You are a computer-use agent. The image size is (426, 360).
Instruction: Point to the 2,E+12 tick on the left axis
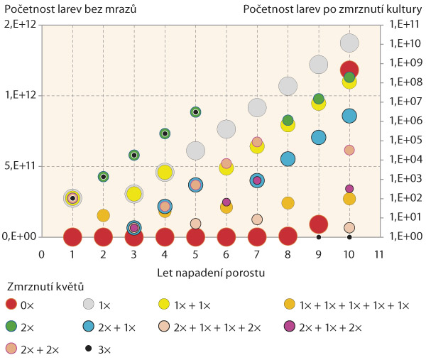click(21, 25)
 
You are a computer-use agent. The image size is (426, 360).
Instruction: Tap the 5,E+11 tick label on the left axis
click(21, 166)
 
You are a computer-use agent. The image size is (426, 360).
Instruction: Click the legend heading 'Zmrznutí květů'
click(45, 288)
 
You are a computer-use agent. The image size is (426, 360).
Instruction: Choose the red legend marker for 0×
click(11, 305)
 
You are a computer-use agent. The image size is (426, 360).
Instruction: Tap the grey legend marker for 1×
click(85, 305)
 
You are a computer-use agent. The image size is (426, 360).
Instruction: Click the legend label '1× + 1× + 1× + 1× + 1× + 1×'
click(354, 305)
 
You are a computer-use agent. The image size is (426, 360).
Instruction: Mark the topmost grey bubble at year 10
click(349, 43)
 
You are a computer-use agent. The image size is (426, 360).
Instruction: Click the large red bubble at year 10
click(349, 69)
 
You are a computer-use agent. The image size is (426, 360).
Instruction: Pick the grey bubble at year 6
click(226, 129)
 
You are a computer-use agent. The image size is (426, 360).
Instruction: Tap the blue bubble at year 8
click(288, 158)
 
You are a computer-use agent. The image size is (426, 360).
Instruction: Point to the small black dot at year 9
click(319, 237)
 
